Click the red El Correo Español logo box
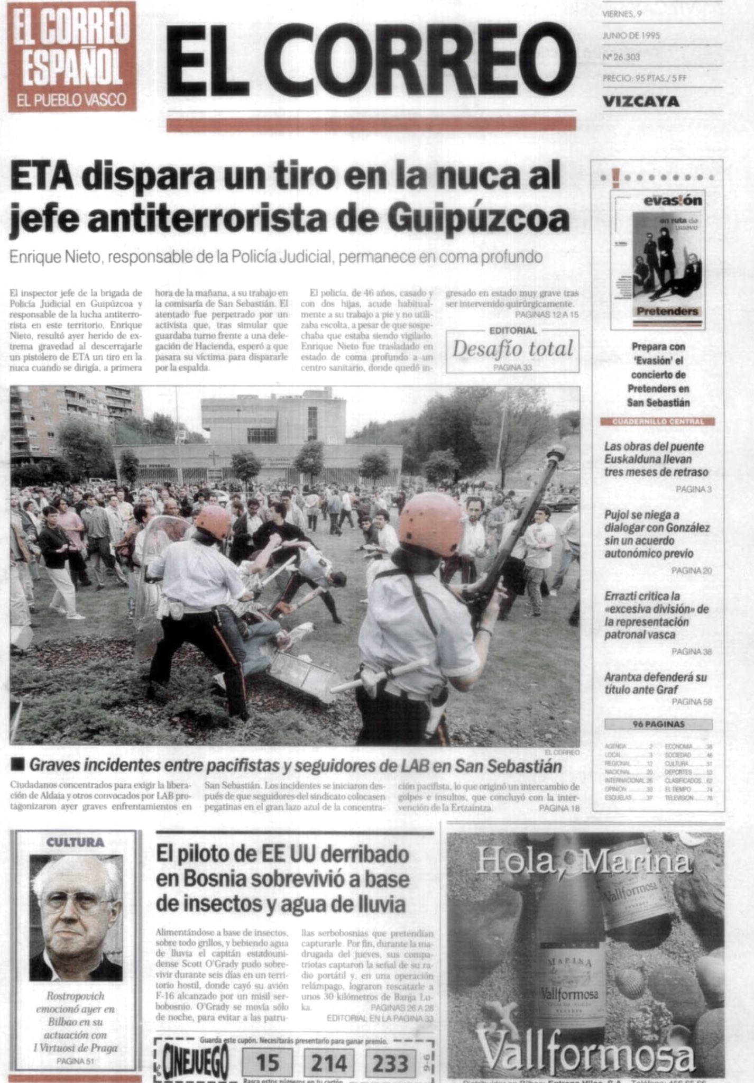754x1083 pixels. pos(72,56)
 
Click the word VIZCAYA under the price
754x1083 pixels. pos(641,101)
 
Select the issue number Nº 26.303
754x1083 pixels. pos(621,57)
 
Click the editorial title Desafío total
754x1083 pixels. pos(512,348)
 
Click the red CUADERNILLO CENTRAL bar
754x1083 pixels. pos(657,421)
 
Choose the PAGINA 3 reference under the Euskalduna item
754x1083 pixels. pos(693,489)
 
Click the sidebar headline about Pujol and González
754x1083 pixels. pos(657,534)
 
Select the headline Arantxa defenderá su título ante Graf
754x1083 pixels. pos(655,683)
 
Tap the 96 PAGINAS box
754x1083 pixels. pos(658,724)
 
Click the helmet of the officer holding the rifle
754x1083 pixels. pos(430,524)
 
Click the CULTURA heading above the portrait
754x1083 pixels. pos(75,842)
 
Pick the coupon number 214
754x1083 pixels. pos(328,1062)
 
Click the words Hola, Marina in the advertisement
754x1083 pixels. pos(583,861)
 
